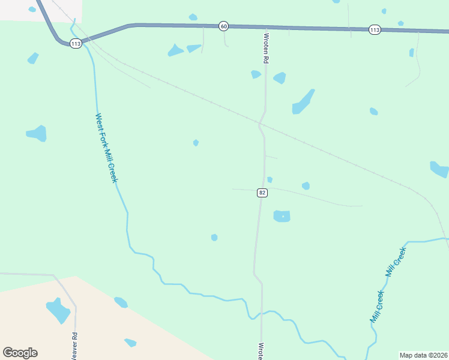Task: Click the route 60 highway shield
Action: point(224,26)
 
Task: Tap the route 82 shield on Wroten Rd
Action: point(262,193)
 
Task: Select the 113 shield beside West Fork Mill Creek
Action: point(76,44)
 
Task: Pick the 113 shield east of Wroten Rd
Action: point(375,29)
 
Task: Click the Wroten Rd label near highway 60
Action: point(265,48)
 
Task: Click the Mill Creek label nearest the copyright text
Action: point(376,307)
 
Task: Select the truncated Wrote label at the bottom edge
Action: point(261,350)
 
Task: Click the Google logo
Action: point(20,353)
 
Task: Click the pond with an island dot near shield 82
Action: point(282,216)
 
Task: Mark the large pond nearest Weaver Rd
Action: point(58,310)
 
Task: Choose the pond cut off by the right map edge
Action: point(439,169)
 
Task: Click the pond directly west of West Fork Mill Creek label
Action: point(37,133)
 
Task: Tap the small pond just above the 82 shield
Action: point(270,179)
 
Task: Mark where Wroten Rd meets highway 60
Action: point(266,28)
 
